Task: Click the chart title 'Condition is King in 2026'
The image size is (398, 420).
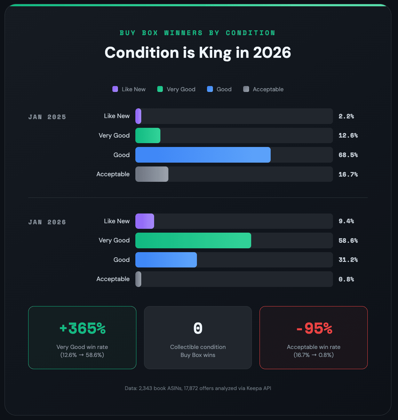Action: coord(198,53)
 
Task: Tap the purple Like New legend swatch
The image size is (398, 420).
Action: coord(115,89)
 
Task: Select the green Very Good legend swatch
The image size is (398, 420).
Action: coord(160,89)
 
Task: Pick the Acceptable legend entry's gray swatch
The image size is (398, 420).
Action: coord(246,89)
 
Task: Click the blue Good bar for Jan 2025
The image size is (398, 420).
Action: coord(203,155)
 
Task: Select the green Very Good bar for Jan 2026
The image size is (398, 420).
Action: coord(193,241)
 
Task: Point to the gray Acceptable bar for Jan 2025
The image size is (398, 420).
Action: coord(152,174)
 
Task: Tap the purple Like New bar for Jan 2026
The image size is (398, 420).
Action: coord(145,221)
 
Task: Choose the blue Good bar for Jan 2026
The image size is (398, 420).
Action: coord(166,260)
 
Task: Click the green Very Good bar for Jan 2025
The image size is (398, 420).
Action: coord(148,135)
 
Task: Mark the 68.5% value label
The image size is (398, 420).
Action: coord(348,155)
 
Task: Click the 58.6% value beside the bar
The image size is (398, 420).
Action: coord(348,241)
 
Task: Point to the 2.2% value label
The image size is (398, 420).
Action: coord(346,116)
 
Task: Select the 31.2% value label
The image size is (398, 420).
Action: coord(348,260)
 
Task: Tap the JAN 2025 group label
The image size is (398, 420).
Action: coord(47,117)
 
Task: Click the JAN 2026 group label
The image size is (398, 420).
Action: coord(47,222)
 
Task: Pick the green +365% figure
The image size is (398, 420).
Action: coord(82,328)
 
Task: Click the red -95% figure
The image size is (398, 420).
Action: coord(314,328)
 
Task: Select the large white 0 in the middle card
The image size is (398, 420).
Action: coord(198,328)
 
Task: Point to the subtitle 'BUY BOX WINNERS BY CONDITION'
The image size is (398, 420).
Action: coord(198,33)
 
